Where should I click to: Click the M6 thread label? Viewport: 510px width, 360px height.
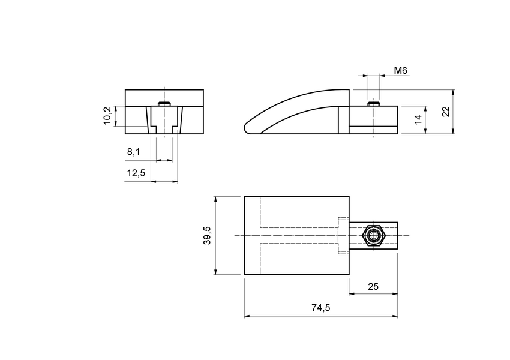click(401, 71)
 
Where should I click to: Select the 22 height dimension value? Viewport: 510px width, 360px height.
click(445, 112)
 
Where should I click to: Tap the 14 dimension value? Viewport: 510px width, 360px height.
click(418, 118)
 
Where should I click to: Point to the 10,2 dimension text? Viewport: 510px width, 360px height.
click(107, 116)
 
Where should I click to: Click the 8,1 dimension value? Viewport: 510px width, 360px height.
click(133, 152)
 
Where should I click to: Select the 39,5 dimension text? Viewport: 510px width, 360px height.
click(208, 236)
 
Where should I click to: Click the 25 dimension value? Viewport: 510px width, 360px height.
click(373, 286)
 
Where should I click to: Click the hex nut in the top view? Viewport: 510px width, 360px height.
click(374, 236)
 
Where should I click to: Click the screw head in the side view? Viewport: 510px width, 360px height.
click(373, 104)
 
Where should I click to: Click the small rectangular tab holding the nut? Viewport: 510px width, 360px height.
click(389, 236)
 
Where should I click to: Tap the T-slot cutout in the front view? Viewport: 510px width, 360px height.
click(164, 121)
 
